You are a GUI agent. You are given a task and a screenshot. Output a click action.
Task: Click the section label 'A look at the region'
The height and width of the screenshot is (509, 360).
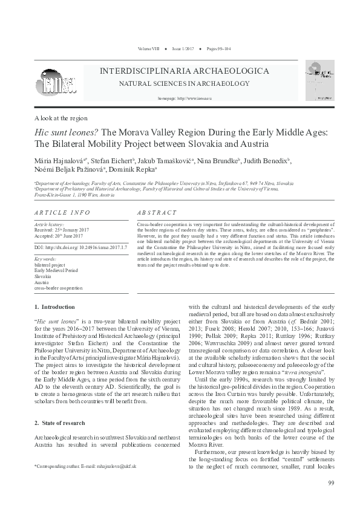(61, 118)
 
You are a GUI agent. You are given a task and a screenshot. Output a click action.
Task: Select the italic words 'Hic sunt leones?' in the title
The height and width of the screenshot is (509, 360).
(67, 132)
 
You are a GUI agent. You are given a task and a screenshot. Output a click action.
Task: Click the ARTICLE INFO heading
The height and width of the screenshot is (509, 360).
(62, 213)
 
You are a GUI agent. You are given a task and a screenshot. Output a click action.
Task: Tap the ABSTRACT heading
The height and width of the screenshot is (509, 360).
(157, 213)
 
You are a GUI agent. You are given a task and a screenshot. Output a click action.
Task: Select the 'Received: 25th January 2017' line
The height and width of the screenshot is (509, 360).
(63, 230)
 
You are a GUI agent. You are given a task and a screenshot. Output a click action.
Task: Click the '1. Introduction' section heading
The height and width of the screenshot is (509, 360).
(54, 307)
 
